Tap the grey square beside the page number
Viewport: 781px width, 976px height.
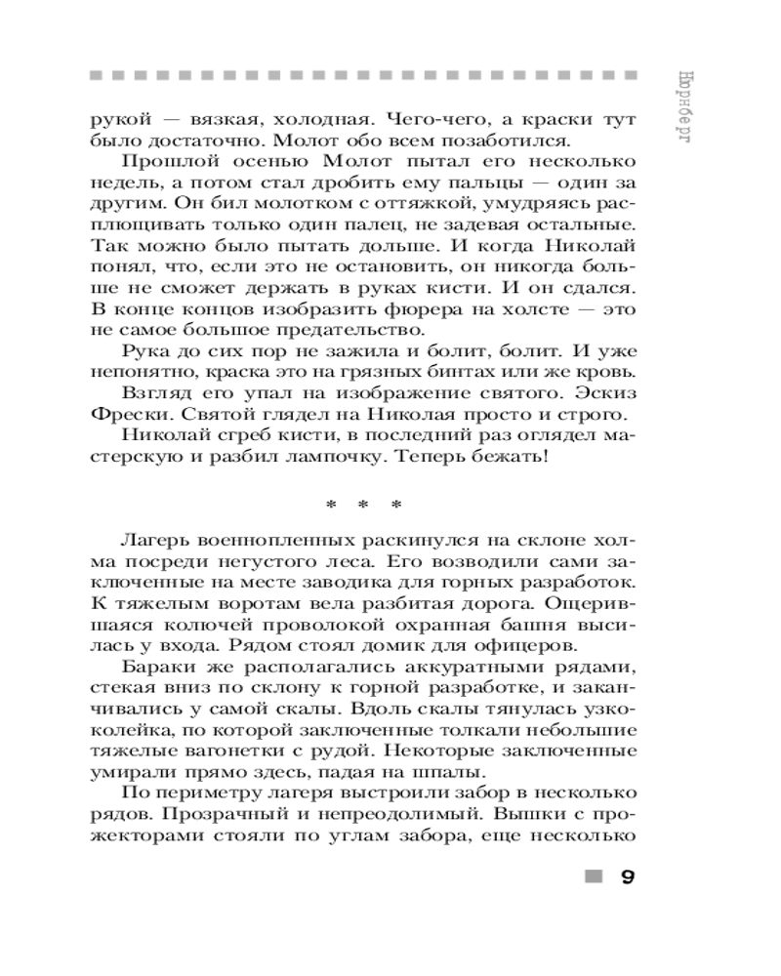pyautogui.click(x=590, y=875)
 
